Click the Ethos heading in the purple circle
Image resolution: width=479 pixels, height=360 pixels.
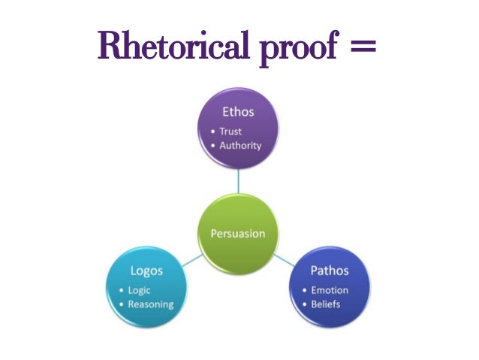point(238,112)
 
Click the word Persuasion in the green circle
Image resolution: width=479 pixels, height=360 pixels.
point(237,233)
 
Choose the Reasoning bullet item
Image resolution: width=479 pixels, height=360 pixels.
point(151,304)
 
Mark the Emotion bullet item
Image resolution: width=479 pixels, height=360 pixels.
point(330,290)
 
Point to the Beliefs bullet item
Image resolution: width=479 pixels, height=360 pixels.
point(326,304)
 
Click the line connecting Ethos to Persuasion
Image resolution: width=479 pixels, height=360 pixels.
point(238,180)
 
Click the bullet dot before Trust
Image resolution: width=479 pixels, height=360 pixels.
point(214,132)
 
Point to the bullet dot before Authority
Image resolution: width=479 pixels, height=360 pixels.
point(214,146)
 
